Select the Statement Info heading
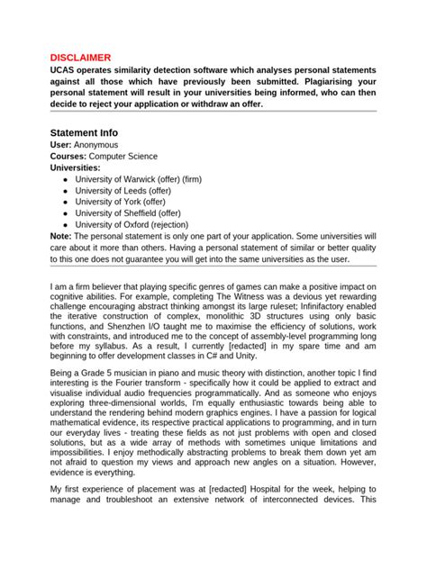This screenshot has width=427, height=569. (x=84, y=132)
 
